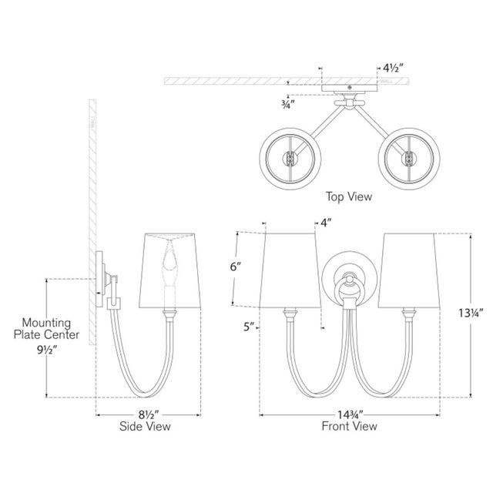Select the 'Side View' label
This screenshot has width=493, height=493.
click(x=144, y=425)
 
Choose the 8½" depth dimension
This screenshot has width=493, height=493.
click(x=144, y=414)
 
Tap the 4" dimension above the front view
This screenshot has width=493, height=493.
click(x=326, y=223)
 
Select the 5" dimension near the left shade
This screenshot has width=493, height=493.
click(x=248, y=327)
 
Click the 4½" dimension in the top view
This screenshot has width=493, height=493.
click(x=391, y=68)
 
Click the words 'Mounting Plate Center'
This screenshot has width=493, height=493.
click(x=47, y=327)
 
